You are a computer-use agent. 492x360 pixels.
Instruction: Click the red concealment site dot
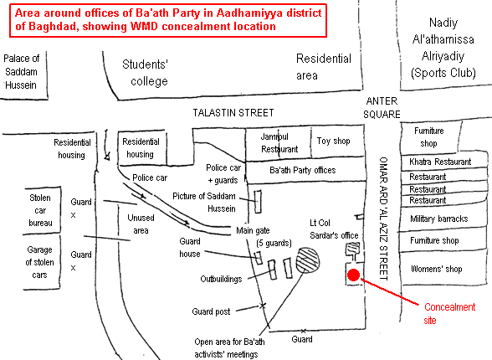pyautogui.click(x=353, y=275)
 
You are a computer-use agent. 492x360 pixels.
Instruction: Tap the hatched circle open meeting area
pyautogui.click(x=308, y=260)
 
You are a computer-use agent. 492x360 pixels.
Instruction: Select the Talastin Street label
pyautogui.click(x=233, y=113)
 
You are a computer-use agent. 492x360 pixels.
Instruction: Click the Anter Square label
pyautogui.click(x=382, y=108)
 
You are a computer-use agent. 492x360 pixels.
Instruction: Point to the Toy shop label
pyautogui.click(x=333, y=141)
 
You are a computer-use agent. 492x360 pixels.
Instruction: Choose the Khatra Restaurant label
pyautogui.click(x=440, y=162)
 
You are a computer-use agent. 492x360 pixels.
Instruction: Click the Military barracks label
pyautogui.click(x=439, y=219)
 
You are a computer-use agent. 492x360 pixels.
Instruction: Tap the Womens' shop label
pyautogui.click(x=437, y=269)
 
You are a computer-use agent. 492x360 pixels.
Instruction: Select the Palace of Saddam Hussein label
pyautogui.click(x=21, y=72)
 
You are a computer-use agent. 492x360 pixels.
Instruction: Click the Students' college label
pyautogui.click(x=146, y=73)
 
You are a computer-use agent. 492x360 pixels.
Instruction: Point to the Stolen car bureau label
pyautogui.click(x=40, y=210)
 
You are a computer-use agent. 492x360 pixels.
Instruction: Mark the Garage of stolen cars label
pyautogui.click(x=40, y=262)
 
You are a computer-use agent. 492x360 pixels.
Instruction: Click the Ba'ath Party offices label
pyautogui.click(x=303, y=170)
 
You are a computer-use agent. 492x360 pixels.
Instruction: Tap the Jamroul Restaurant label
pyautogui.click(x=279, y=143)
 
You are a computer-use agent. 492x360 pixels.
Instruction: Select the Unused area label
pyautogui.click(x=141, y=224)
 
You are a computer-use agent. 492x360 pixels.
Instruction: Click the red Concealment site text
pyautogui.click(x=449, y=314)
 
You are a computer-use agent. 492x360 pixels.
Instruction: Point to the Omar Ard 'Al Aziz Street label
pyautogui.click(x=383, y=219)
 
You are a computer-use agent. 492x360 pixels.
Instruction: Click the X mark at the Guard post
pyautogui.click(x=263, y=306)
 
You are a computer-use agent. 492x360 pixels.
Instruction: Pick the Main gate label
pyautogui.click(x=253, y=231)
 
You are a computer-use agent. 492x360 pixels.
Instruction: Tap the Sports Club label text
pyautogui.click(x=443, y=73)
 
